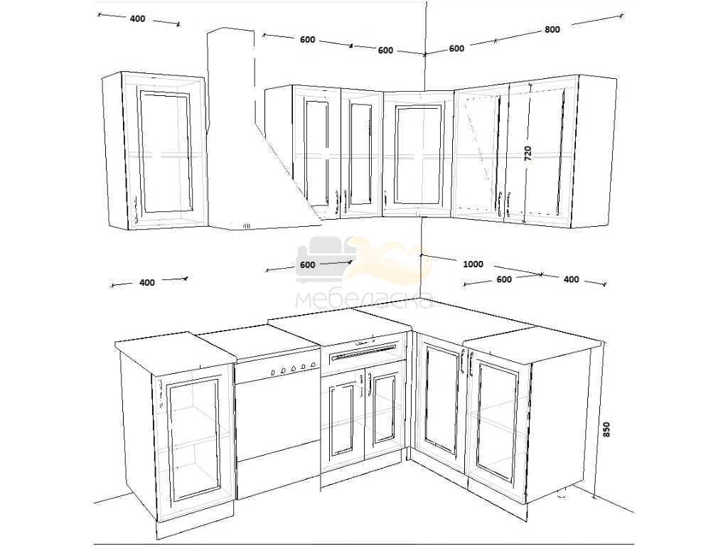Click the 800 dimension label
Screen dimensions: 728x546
tap(552, 30)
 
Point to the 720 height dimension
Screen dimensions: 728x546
tap(528, 154)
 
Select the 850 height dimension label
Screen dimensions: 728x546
tap(606, 429)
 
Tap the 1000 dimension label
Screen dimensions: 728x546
tap(473, 264)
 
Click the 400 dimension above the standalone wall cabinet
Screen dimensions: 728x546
tap(137, 19)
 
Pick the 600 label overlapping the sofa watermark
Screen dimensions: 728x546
tap(307, 264)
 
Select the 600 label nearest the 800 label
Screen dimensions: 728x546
tap(456, 48)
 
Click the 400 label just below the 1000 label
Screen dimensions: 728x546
tap(571, 279)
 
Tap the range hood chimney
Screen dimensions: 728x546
tap(231, 79)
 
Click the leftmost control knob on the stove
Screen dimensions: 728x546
tap(273, 373)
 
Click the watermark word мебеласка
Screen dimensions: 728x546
tap(365, 301)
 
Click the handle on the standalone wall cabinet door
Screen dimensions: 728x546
tap(135, 209)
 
